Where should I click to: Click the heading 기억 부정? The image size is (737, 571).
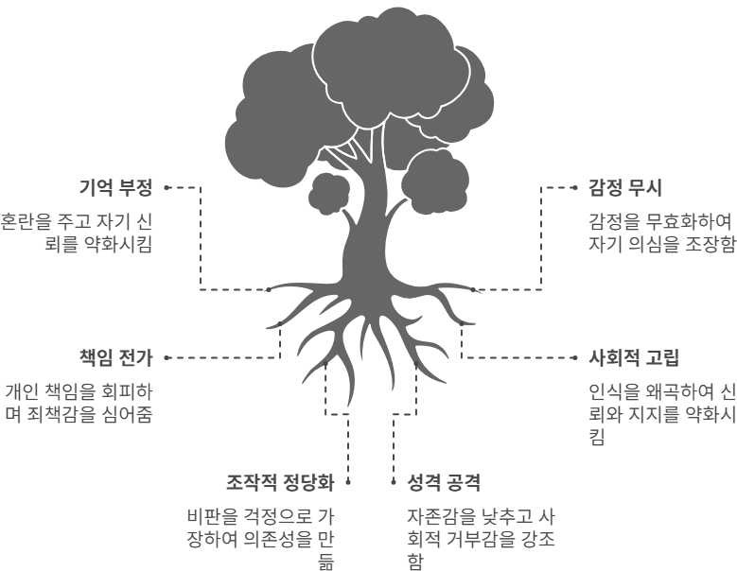click(x=115, y=187)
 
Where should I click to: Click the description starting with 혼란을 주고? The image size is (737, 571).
click(x=77, y=231)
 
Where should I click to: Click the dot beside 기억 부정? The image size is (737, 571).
click(x=167, y=187)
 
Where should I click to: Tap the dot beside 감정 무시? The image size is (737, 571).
click(x=573, y=187)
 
